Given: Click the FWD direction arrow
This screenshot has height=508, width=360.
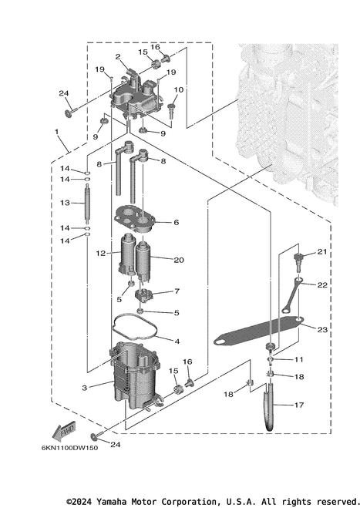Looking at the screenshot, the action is (x=64, y=432).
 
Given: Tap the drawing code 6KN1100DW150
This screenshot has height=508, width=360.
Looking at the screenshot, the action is (x=69, y=448).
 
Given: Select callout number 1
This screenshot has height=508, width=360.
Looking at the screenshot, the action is (x=57, y=132).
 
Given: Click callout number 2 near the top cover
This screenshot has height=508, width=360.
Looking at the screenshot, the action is (x=118, y=57).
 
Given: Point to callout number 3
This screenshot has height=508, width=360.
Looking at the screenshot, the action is (x=85, y=388).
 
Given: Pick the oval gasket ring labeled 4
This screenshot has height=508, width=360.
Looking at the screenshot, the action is (x=135, y=329).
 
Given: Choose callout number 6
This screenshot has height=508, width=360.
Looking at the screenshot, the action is (x=177, y=222).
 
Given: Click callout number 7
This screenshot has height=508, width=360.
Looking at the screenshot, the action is (x=177, y=291).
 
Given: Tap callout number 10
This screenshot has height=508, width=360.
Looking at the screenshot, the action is (x=179, y=89).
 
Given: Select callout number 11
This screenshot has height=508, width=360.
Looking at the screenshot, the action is (x=299, y=359).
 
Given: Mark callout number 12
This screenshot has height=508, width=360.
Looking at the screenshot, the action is (x=101, y=254).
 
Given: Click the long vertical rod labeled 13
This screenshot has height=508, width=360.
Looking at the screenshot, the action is (x=87, y=204).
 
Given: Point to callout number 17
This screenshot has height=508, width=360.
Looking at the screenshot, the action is (x=299, y=405).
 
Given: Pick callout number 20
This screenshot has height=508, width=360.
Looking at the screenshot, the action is (x=179, y=260).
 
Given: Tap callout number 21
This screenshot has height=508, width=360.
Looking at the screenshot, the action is (x=321, y=251).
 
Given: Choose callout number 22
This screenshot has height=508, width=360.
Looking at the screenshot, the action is (x=322, y=284).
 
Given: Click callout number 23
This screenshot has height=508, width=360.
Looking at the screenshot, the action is (x=322, y=329).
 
